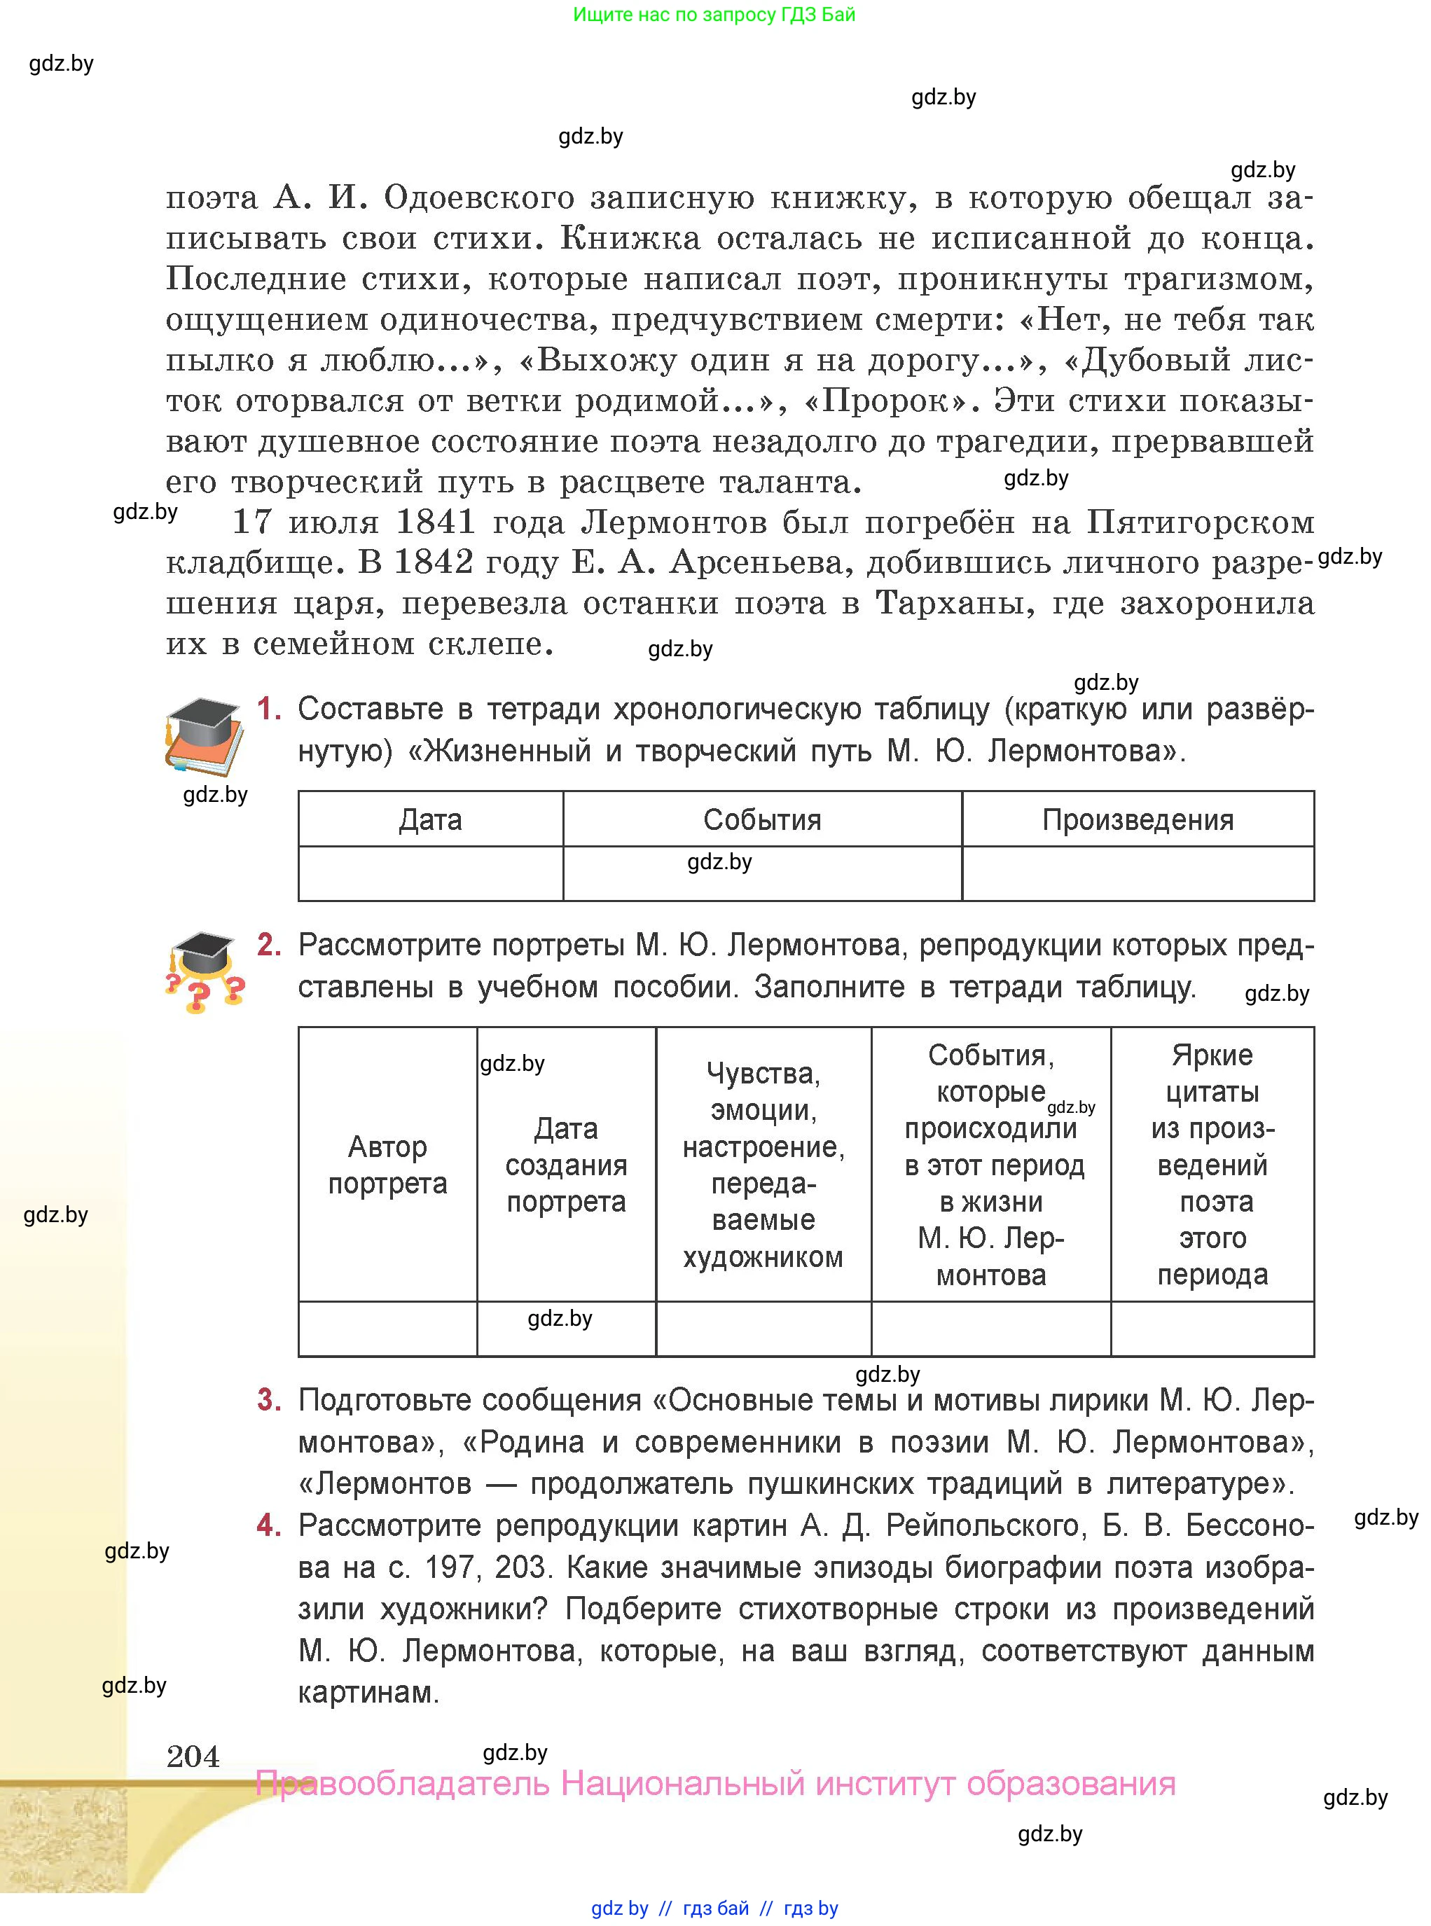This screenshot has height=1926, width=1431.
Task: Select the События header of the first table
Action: click(761, 819)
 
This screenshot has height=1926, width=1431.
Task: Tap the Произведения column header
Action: click(1138, 819)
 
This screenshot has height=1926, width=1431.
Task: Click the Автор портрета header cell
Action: click(387, 1164)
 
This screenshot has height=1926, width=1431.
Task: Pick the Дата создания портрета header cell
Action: click(566, 1164)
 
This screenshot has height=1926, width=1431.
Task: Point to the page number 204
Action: click(193, 1755)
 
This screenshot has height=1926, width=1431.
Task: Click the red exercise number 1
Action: click(268, 709)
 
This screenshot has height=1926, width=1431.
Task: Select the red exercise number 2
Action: click(268, 945)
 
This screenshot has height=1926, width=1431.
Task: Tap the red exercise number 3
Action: click(268, 1400)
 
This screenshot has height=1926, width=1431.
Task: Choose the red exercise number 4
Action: click(268, 1525)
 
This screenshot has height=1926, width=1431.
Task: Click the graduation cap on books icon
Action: click(205, 737)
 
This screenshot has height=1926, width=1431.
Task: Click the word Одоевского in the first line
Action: click(479, 198)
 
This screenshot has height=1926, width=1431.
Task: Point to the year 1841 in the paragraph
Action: click(436, 522)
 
